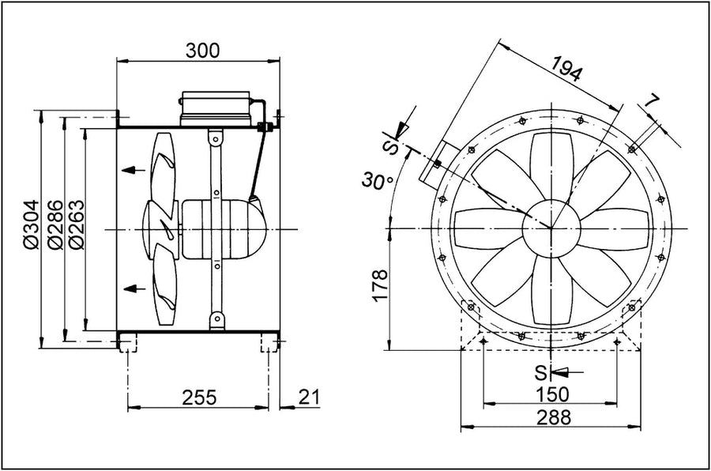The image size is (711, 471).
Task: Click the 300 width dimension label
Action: tap(202, 51)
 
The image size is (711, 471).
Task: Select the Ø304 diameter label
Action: tap(33, 224)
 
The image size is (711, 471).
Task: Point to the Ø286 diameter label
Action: tap(55, 224)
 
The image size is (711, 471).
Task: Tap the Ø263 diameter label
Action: tap(76, 224)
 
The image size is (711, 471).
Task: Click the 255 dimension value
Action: tap(200, 398)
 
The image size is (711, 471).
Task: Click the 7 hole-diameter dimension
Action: tap(652, 103)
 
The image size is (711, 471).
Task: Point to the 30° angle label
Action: tap(378, 180)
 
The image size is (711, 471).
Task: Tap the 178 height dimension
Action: tap(380, 285)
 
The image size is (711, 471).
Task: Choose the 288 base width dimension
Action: tap(554, 417)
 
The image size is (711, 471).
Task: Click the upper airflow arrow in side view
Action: tap(134, 170)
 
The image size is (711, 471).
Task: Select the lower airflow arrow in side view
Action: tap(134, 288)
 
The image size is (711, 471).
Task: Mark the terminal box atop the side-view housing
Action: tap(216, 107)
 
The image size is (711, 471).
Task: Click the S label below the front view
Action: tap(541, 372)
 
